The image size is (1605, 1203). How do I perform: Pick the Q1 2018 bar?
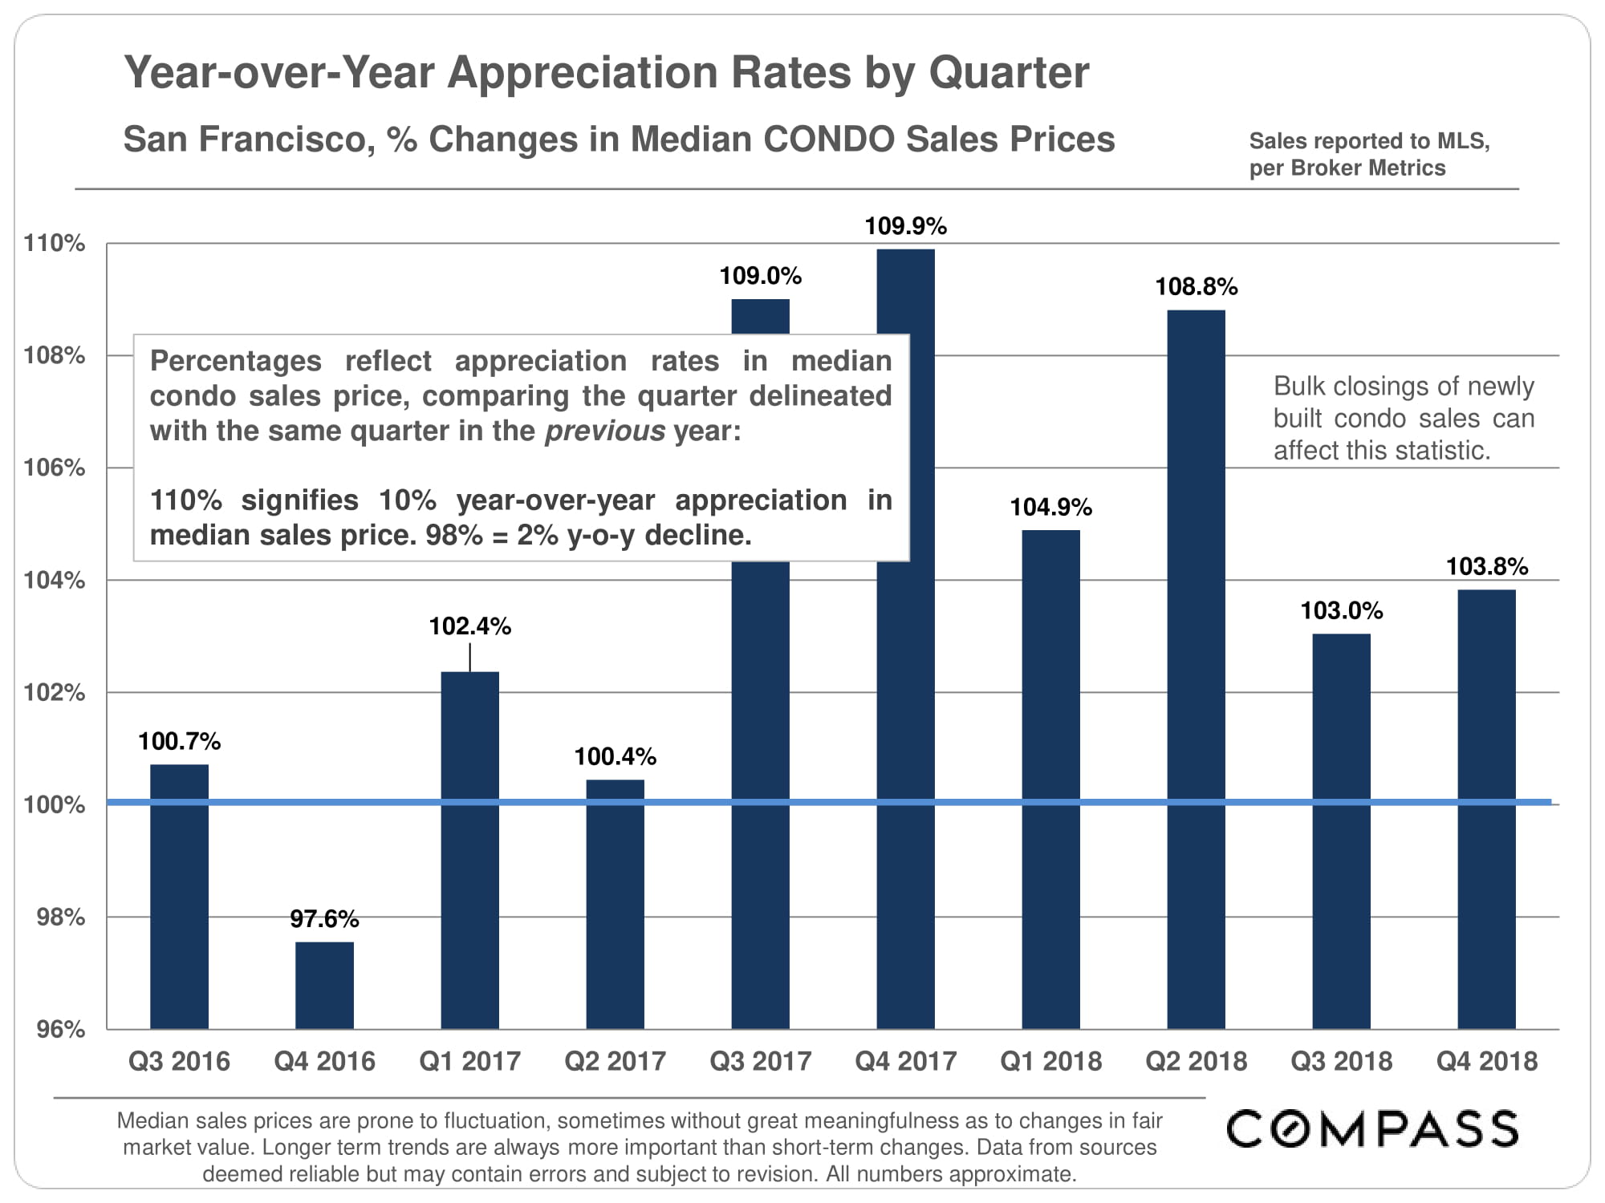[x=1050, y=778]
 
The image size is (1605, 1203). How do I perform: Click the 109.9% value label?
[x=905, y=226]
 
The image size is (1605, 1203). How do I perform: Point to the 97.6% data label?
[x=324, y=918]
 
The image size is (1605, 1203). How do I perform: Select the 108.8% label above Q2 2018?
[x=1196, y=286]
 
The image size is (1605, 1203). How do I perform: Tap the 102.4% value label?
[x=469, y=626]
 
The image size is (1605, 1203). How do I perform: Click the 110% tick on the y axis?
[x=55, y=243]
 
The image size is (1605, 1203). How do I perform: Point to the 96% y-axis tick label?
[x=61, y=1029]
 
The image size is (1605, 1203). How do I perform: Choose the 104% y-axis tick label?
[x=55, y=580]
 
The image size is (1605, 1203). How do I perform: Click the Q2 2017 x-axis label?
[x=615, y=1061]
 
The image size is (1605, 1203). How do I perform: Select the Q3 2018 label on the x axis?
[x=1341, y=1061]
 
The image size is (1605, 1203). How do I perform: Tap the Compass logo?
[x=1371, y=1128]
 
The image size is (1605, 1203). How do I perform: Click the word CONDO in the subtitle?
[x=828, y=139]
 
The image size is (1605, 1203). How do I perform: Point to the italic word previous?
[x=604, y=431]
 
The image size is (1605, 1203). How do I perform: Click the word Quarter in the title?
[x=1009, y=72]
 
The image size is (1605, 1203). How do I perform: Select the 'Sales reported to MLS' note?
[x=1369, y=141]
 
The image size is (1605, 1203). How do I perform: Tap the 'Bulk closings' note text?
[x=1403, y=418]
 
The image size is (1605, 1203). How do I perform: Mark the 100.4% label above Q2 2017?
[x=615, y=756]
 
